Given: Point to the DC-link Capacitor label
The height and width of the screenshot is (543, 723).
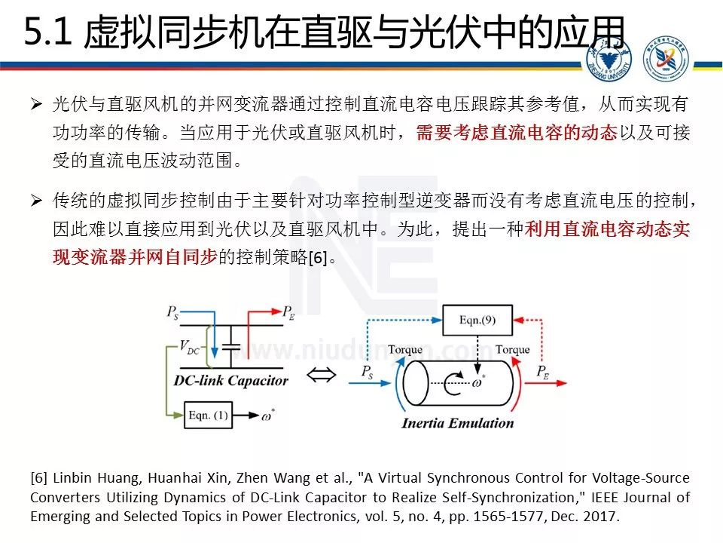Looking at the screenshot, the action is point(230,380).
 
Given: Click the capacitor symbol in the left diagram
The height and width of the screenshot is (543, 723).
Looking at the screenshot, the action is point(233,344).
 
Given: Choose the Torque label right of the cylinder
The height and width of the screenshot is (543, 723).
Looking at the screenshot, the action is point(512,349).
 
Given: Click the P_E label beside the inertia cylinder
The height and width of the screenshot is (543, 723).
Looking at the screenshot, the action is point(544,370).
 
